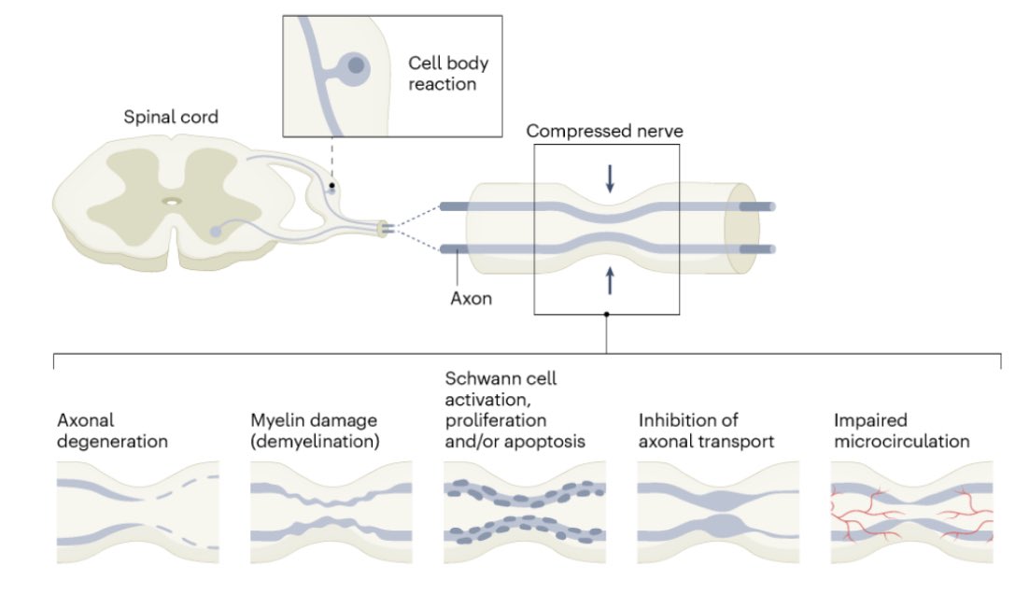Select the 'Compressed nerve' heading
(x=604, y=131)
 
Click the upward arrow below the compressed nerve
(x=610, y=278)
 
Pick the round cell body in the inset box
(x=356, y=65)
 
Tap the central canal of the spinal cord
(x=173, y=200)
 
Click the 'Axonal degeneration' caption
(x=112, y=431)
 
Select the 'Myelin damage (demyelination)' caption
(x=316, y=431)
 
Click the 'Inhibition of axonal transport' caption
(x=706, y=431)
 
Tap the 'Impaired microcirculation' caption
(x=900, y=431)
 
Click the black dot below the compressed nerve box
(x=607, y=315)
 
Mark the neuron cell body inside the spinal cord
(x=217, y=230)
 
